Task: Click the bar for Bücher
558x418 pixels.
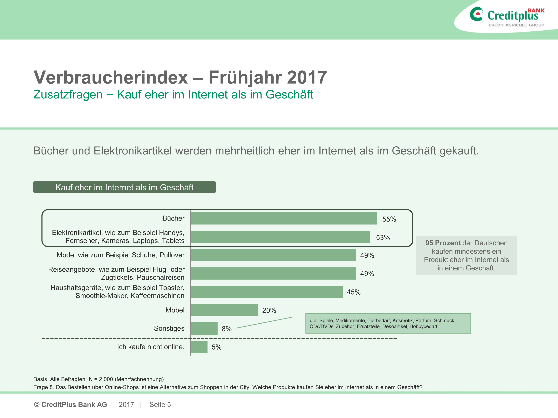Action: [x=283, y=218]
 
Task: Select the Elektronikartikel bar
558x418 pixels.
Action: [x=280, y=237]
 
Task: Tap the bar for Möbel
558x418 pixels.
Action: [x=224, y=310]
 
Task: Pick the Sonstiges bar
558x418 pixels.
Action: [x=204, y=328]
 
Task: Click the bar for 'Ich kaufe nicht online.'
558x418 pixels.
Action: [x=199, y=347]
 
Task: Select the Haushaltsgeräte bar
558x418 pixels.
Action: [x=266, y=292]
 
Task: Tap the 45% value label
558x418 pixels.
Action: [x=353, y=292]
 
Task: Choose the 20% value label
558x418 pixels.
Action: [x=269, y=311]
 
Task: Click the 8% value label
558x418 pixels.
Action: [x=227, y=329]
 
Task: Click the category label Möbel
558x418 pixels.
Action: [x=175, y=310]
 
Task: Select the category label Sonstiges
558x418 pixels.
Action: [x=169, y=328]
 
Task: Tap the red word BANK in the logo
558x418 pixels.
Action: [x=536, y=11]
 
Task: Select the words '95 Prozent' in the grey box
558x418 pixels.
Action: [x=443, y=243]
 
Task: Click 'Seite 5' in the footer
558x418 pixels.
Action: [x=160, y=405]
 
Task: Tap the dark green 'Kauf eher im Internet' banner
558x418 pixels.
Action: [x=124, y=187]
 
